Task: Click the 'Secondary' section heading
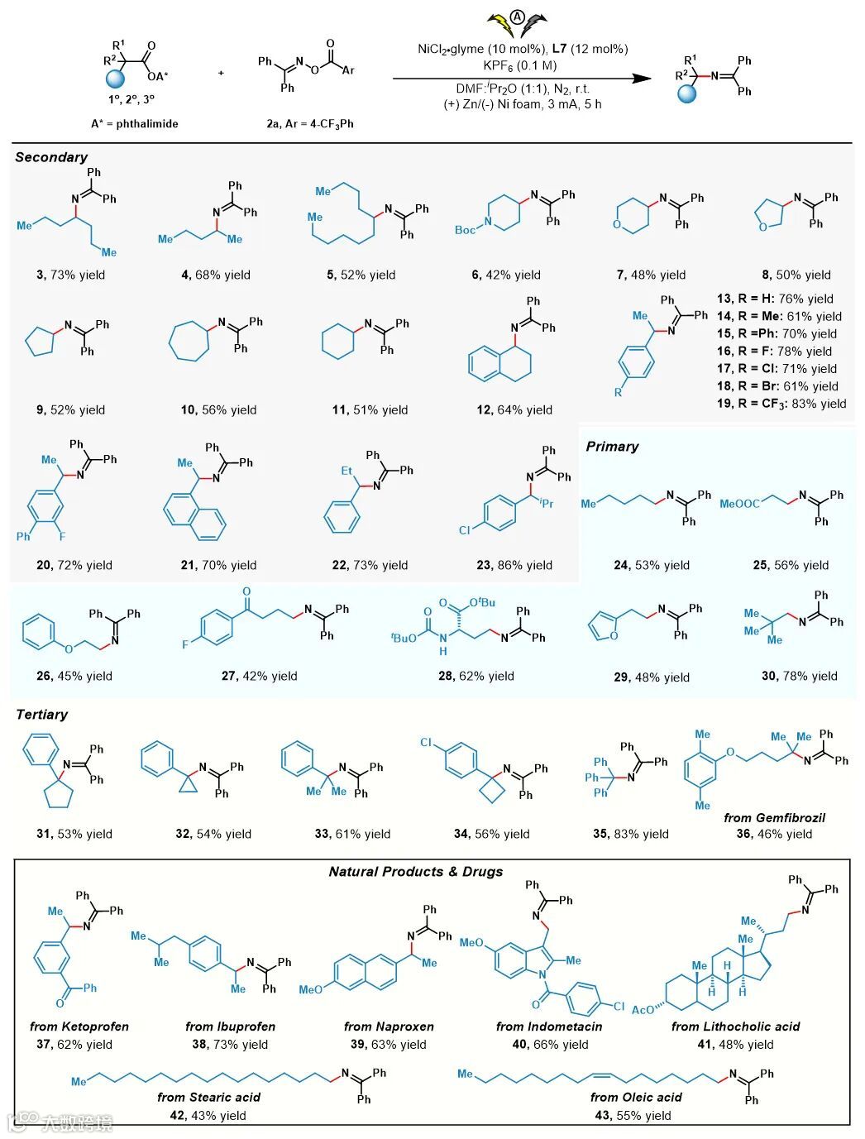[51, 157]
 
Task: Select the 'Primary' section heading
[612, 447]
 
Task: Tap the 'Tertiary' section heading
[41, 715]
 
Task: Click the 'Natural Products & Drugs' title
[416, 872]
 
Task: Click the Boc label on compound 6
[465, 230]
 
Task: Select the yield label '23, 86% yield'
[514, 566]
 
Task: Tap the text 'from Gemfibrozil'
[774, 818]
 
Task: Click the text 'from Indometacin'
[549, 1027]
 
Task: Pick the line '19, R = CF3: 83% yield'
[781, 404]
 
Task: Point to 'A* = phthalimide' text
[135, 123]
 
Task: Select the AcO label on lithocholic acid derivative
[643, 1009]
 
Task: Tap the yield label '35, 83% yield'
[631, 834]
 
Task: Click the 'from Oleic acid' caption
[636, 1098]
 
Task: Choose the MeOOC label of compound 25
[739, 504]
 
